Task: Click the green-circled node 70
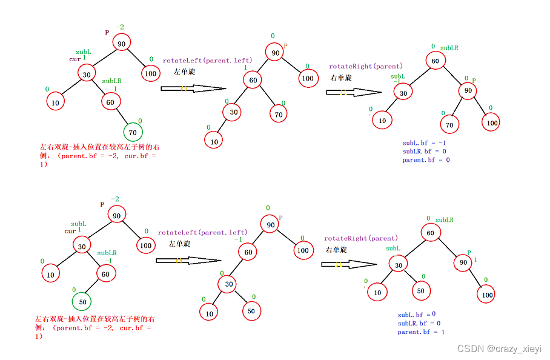pos(133,132)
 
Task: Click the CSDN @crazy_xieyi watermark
pos(499,349)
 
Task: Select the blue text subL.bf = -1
pos(424,143)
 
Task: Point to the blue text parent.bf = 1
pos(421,332)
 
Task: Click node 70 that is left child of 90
pos(449,125)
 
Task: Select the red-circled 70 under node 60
pos(279,113)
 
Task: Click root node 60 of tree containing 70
pos(435,61)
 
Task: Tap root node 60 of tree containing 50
pos(430,232)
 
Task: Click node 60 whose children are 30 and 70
pos(253,80)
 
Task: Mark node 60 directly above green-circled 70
pos(110,102)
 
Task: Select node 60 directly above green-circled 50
pos(105,275)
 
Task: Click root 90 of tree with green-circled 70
pos(121,44)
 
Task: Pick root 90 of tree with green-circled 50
pos(118,214)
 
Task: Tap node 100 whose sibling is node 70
pos(491,123)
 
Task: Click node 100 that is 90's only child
pos(486,295)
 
